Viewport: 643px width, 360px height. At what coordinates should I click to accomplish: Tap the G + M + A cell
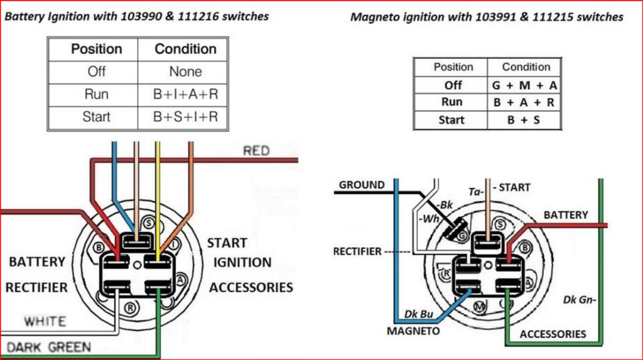[525, 85]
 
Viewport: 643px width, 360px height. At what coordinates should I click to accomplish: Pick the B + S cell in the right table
[525, 119]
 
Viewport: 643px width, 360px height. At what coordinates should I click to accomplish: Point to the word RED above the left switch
[256, 151]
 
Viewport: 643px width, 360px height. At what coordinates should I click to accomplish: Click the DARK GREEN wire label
[49, 346]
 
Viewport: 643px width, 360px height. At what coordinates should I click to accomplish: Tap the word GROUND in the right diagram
[362, 185]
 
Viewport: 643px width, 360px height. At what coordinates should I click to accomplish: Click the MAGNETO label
[413, 330]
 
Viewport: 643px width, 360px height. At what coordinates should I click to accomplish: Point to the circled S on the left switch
[148, 223]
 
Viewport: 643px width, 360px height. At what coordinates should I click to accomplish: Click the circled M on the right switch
[480, 307]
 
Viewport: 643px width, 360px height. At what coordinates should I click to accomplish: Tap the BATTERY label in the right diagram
[566, 215]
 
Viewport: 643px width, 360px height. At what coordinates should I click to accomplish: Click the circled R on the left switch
[129, 307]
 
